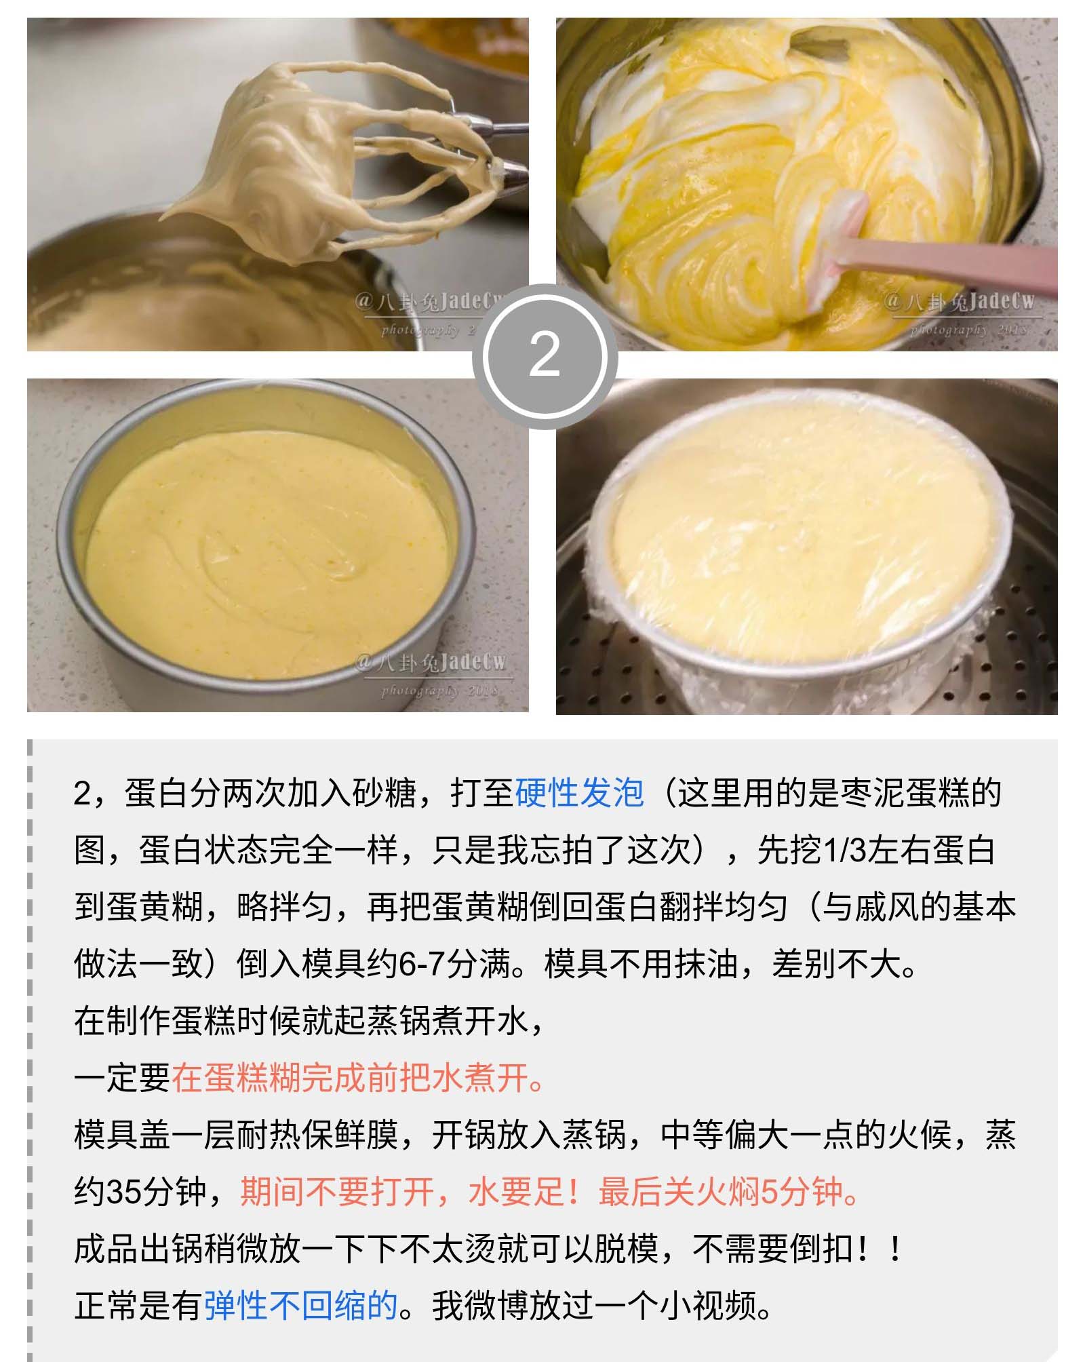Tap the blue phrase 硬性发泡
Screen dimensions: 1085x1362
click(x=579, y=792)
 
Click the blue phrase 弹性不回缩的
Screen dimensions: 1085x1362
click(x=301, y=1305)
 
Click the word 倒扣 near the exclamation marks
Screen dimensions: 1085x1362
click(x=823, y=1248)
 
